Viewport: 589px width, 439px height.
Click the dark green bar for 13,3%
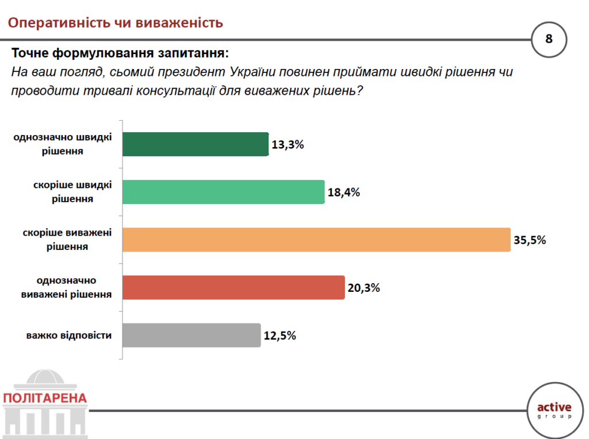point(196,144)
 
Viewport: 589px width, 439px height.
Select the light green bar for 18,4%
point(224,192)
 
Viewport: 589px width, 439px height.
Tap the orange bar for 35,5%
point(316,240)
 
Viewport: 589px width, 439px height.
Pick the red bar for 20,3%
point(234,287)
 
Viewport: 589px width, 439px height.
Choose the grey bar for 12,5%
point(192,335)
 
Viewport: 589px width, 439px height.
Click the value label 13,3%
point(288,145)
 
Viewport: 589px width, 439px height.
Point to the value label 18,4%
point(344,192)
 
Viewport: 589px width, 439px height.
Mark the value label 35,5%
point(530,240)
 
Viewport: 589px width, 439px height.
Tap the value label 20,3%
point(364,288)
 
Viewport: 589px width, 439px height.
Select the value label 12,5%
point(280,336)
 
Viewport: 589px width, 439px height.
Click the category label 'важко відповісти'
point(69,335)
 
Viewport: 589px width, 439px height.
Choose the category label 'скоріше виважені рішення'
point(67,240)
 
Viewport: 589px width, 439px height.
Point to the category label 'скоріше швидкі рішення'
point(73,192)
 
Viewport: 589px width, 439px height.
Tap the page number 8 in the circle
point(549,39)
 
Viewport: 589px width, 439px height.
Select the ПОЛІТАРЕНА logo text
point(45,398)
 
